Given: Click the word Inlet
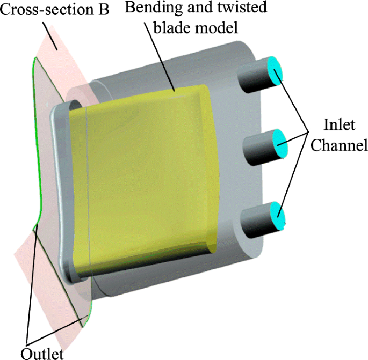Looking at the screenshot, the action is point(338,125).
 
